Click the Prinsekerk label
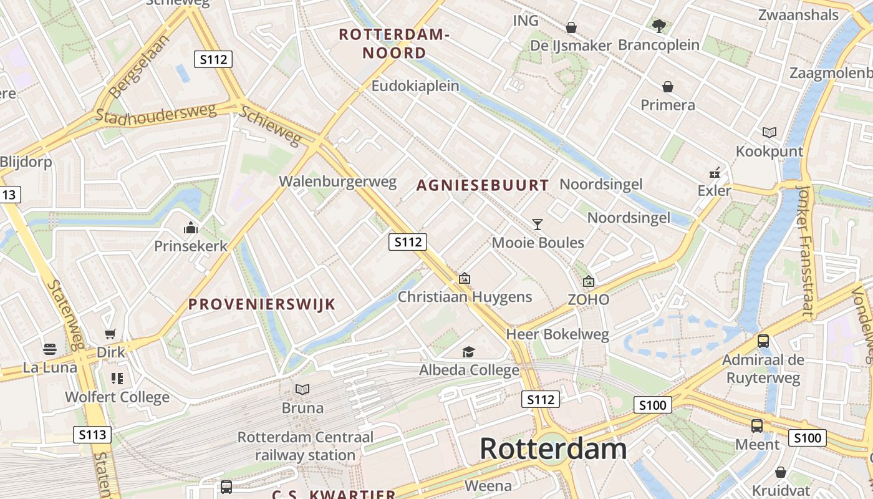pyautogui.click(x=191, y=246)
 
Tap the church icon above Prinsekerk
pyautogui.click(x=191, y=228)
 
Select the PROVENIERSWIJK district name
pyautogui.click(x=262, y=304)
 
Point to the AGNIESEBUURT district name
pyautogui.click(x=483, y=185)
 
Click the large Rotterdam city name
pyautogui.click(x=553, y=449)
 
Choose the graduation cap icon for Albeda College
pyautogui.click(x=468, y=352)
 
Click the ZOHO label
pyautogui.click(x=589, y=299)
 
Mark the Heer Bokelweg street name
pyautogui.click(x=557, y=334)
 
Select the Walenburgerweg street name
pyautogui.click(x=337, y=182)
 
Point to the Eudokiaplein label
pyautogui.click(x=415, y=86)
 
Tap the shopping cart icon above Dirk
pyautogui.click(x=110, y=334)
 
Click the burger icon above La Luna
pyautogui.click(x=50, y=349)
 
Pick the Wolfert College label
pyautogui.click(x=117, y=397)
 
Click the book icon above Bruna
pyautogui.click(x=302, y=390)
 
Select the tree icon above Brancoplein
pyautogui.click(x=658, y=26)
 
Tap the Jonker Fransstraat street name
pyautogui.click(x=806, y=253)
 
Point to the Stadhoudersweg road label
pyautogui.click(x=155, y=114)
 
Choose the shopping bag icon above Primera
pyautogui.click(x=668, y=86)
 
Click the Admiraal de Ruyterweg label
pyautogui.click(x=763, y=369)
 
